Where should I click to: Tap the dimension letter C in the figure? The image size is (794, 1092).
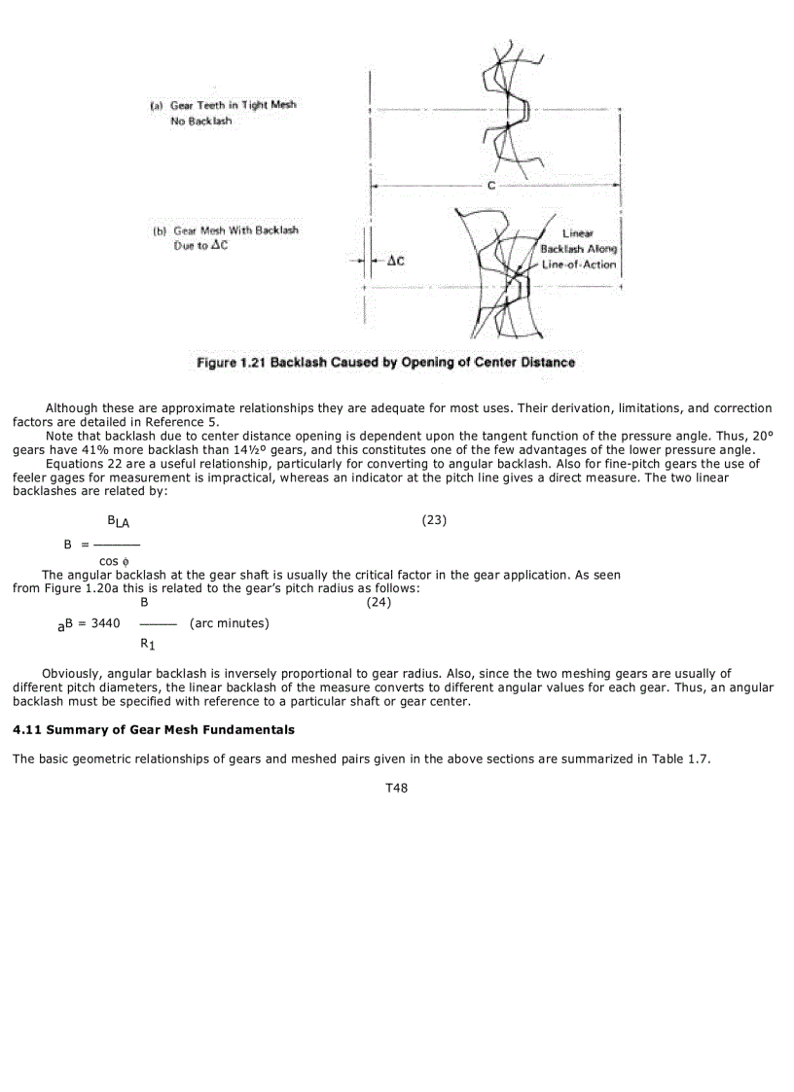pyautogui.click(x=491, y=186)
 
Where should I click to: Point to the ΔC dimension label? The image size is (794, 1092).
pyautogui.click(x=395, y=261)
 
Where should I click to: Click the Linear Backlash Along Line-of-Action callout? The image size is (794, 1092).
pyautogui.click(x=579, y=249)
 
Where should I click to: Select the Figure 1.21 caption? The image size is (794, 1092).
pyautogui.click(x=385, y=363)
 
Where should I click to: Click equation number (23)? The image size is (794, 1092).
pyautogui.click(x=434, y=520)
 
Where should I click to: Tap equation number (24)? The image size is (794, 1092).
pyautogui.click(x=379, y=603)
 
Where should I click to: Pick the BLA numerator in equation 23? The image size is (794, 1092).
pyautogui.click(x=118, y=522)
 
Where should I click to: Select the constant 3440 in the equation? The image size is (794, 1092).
pyautogui.click(x=105, y=623)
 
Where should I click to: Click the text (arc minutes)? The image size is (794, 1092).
pyautogui.click(x=230, y=623)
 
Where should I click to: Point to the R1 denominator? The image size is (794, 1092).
pyautogui.click(x=147, y=643)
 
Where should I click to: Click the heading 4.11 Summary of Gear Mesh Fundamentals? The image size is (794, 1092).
pyautogui.click(x=154, y=729)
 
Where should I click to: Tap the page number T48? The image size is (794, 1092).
pyautogui.click(x=396, y=789)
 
